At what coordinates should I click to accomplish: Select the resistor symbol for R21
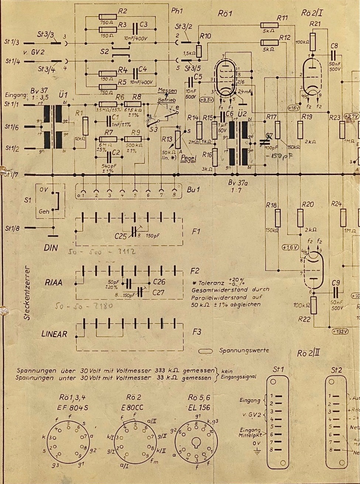point(313,41)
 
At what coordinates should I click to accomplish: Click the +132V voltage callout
point(340,331)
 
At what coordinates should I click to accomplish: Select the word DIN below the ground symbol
point(51,248)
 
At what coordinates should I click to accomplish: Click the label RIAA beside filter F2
point(54,283)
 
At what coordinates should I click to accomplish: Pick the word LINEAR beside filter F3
point(54,334)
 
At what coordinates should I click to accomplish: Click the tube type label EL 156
point(199,407)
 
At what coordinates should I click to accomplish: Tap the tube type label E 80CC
point(134,407)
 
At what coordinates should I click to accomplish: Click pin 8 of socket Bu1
point(174,192)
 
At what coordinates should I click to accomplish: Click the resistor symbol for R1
point(86,126)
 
